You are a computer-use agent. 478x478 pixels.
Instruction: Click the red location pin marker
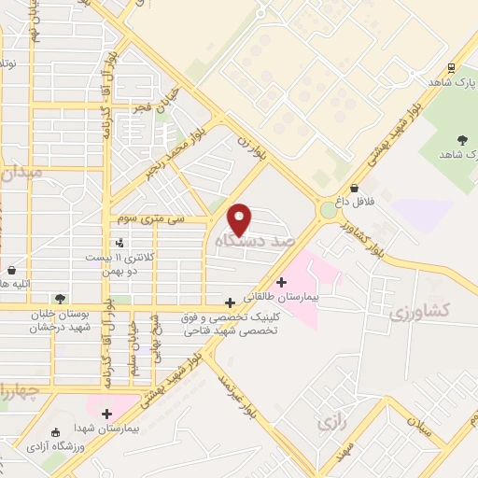click(240, 218)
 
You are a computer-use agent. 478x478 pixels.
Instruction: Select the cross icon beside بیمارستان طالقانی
click(281, 282)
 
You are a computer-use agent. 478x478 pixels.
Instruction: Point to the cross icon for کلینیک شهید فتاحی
click(230, 302)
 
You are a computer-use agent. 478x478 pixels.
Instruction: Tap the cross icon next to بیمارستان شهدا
click(106, 414)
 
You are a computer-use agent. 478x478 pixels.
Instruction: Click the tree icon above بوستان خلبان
click(61, 299)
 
